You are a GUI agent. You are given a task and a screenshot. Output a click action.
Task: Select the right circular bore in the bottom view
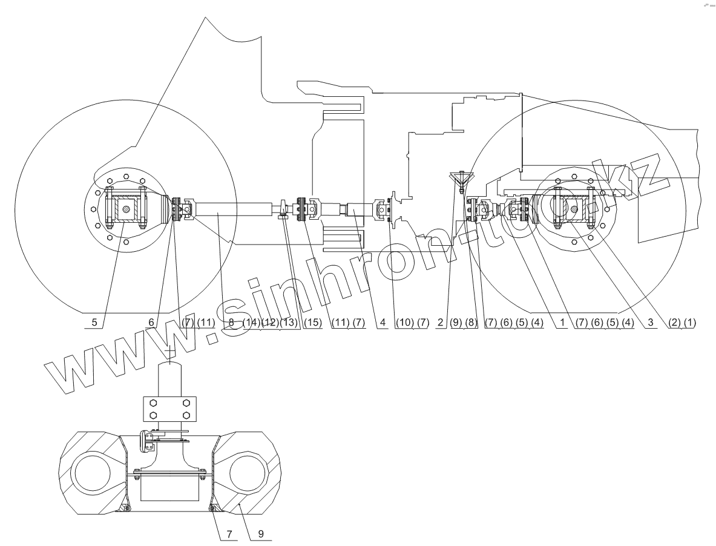click(x=246, y=472)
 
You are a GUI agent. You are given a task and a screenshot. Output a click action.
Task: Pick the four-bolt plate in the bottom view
click(x=169, y=409)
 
